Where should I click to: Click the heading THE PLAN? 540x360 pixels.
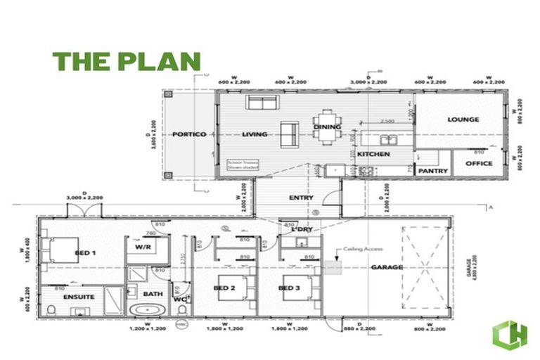tap(127, 61)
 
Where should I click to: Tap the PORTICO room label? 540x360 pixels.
tap(188, 134)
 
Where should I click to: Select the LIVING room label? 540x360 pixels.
tap(254, 134)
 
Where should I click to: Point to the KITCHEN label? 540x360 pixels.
tap(373, 153)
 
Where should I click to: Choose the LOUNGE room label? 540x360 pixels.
tap(463, 120)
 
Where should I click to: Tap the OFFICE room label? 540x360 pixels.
tap(479, 164)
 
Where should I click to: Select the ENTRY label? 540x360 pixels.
tap(301, 198)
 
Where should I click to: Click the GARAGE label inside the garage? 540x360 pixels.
tap(387, 267)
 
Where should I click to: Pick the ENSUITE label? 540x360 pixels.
tap(79, 297)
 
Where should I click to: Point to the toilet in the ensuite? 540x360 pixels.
tap(51, 309)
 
